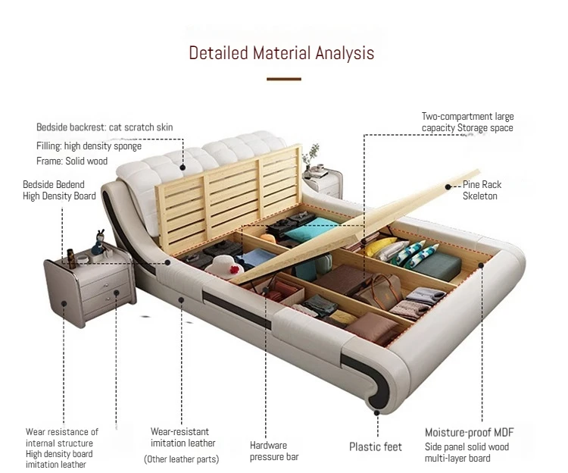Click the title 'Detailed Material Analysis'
pos(281,53)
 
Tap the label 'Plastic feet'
pos(375,446)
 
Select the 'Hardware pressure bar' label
pos(274,451)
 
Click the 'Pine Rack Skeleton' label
pos(482,190)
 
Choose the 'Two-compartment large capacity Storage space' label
pos(467,122)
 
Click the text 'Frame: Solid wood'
pos(72,161)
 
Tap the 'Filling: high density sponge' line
pos(89,146)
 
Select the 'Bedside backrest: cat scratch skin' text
pos(105,127)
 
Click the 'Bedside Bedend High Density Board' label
pos(59,190)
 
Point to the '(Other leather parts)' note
pos(182,459)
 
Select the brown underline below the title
pos(284,78)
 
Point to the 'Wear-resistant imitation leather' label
pos(183,437)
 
